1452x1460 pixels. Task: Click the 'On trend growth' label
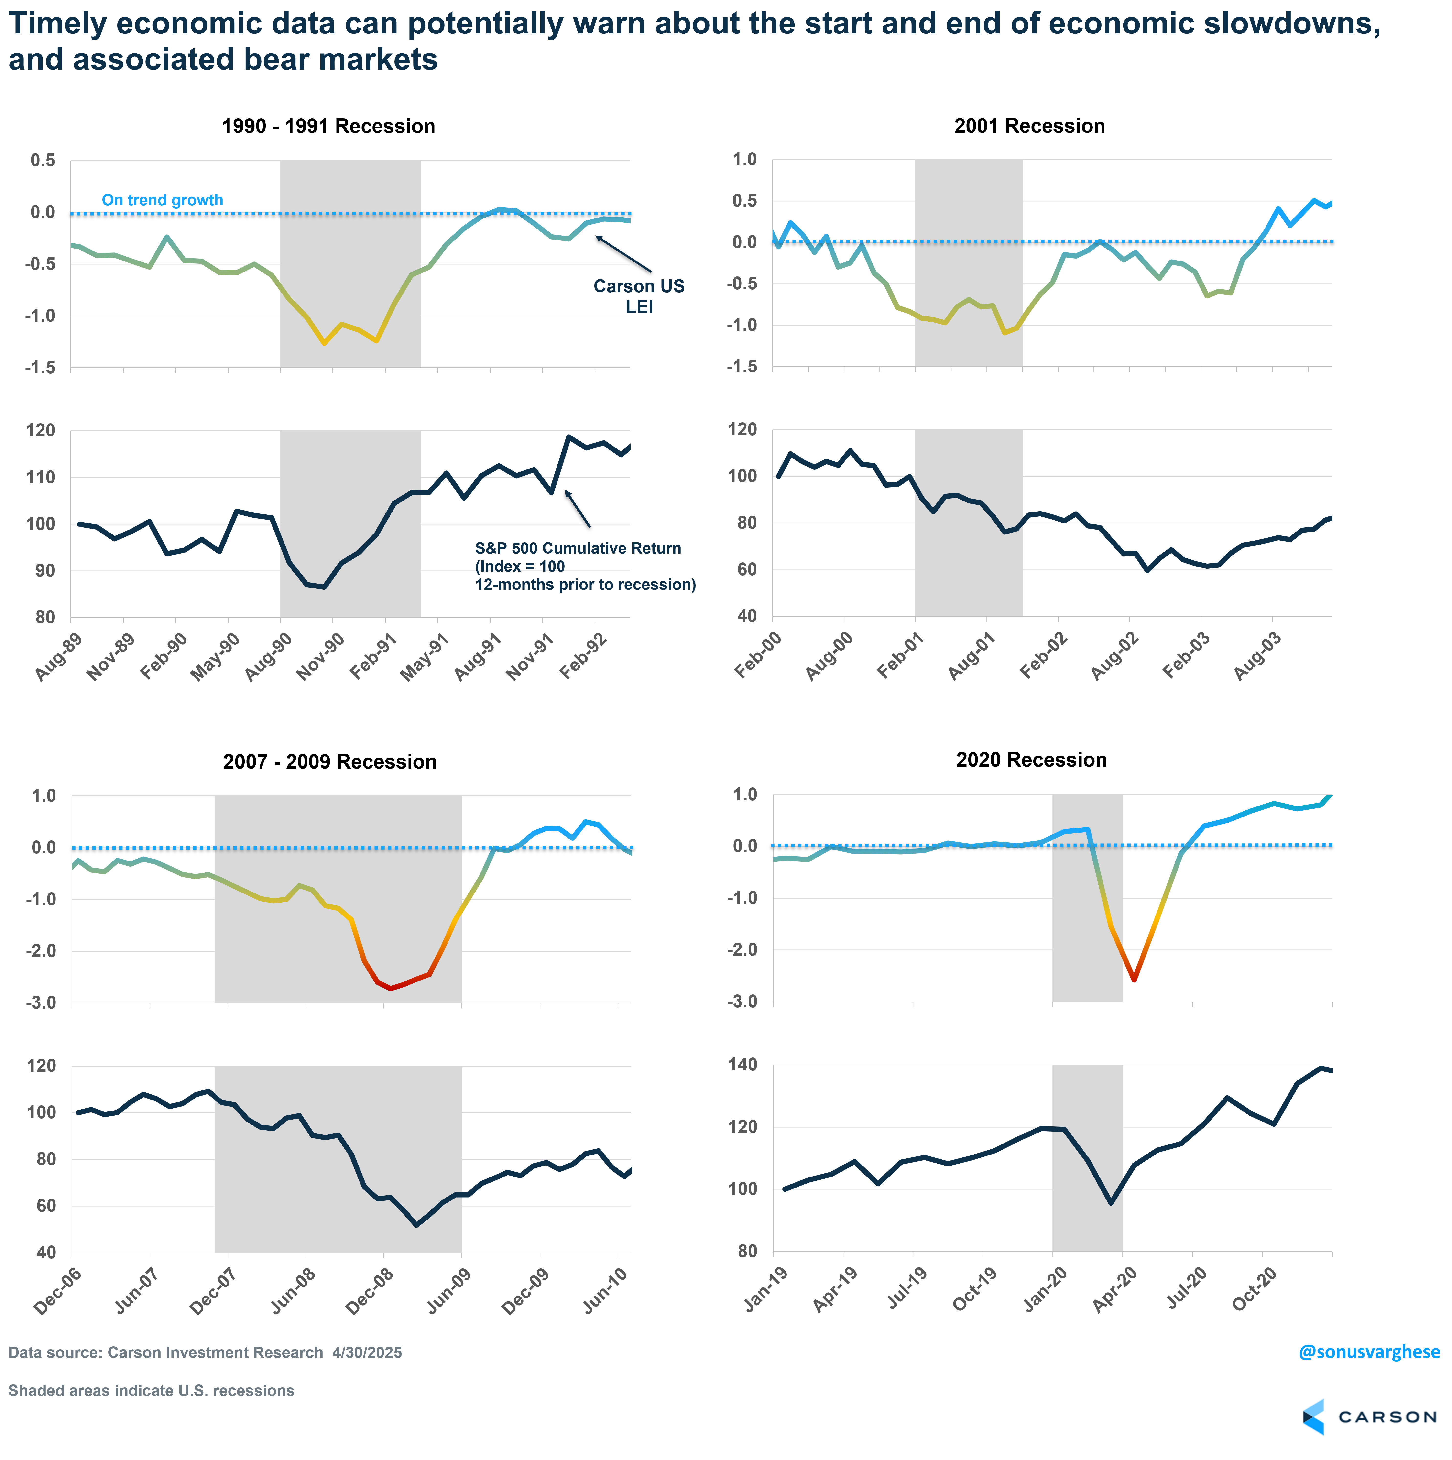163,200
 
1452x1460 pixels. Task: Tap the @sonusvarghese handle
1369,1351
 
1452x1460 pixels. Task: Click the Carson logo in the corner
1370,1416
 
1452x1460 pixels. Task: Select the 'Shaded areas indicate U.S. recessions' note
151,1391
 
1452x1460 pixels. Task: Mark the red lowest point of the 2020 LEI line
1134,979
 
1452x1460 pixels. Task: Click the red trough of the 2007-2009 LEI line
390,988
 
